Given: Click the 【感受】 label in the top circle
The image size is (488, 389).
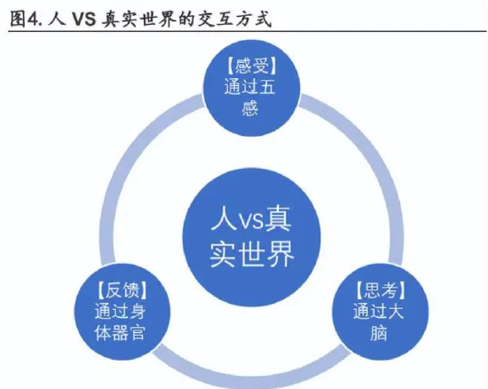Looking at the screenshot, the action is pos(251,66).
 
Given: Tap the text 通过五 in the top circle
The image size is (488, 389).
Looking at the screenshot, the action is pos(250,87).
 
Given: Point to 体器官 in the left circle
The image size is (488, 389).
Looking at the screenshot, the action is pos(120,333).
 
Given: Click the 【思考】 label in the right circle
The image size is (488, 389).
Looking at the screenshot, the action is pos(381,290).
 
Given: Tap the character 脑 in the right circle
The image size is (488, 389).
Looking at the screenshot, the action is pos(379,333).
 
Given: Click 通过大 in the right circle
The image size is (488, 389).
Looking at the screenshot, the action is pos(379,312).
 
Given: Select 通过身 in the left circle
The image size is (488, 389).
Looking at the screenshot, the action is pos(120,312).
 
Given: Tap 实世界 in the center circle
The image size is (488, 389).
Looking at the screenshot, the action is pos(252,254).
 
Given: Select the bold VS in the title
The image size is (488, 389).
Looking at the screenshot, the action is pos(83,20).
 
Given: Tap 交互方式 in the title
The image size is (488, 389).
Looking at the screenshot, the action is pos(235,20).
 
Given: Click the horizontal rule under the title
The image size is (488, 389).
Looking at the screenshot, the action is pos(248,31).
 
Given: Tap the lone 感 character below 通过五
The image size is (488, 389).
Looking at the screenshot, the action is pos(250,108).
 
